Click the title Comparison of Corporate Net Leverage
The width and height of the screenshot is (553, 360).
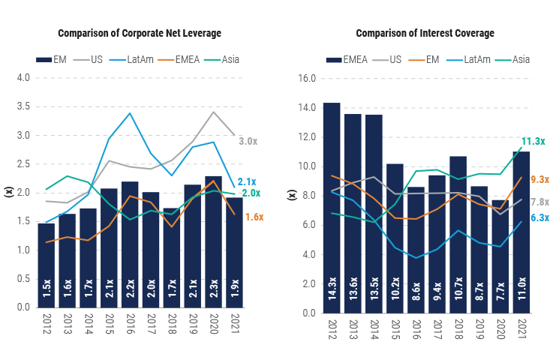[140, 33]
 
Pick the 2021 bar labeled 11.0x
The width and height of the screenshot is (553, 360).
[521, 232]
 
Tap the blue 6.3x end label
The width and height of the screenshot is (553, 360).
[539, 218]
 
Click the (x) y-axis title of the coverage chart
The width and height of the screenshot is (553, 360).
[293, 195]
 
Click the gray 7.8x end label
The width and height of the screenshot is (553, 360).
[539, 202]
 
